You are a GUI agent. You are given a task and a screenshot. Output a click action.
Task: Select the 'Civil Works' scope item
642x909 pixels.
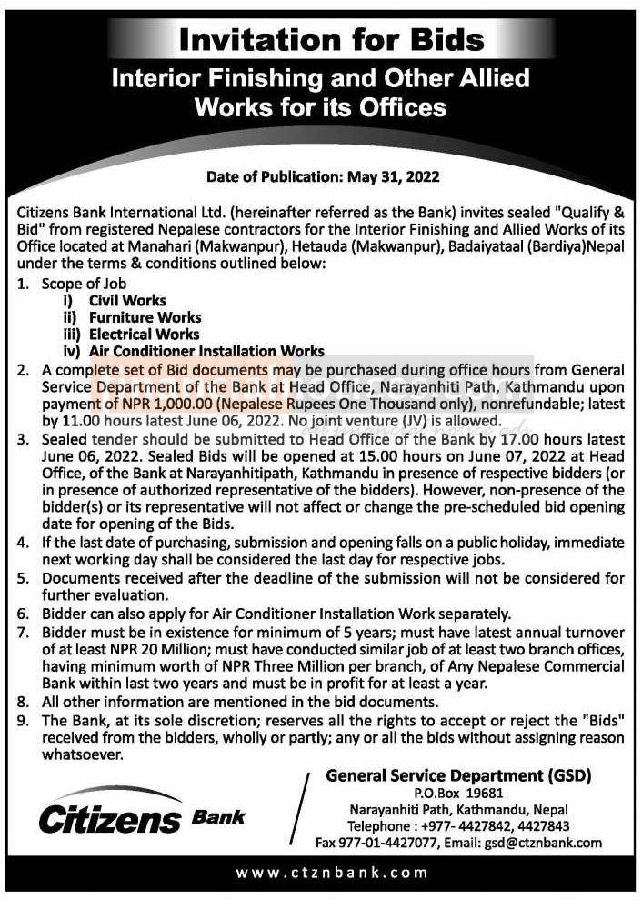click(127, 300)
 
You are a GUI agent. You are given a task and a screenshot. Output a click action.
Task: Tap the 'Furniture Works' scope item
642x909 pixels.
click(145, 317)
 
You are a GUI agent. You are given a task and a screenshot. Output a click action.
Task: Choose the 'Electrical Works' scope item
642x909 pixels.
click(144, 334)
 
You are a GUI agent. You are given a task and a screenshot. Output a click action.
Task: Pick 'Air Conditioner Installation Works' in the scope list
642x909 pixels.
click(206, 351)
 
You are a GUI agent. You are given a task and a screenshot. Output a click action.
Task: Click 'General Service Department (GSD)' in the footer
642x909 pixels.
click(458, 775)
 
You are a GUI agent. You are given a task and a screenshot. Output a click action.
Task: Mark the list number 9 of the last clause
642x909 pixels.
click(22, 720)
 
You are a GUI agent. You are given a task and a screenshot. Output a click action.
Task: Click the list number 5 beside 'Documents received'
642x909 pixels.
click(22, 578)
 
